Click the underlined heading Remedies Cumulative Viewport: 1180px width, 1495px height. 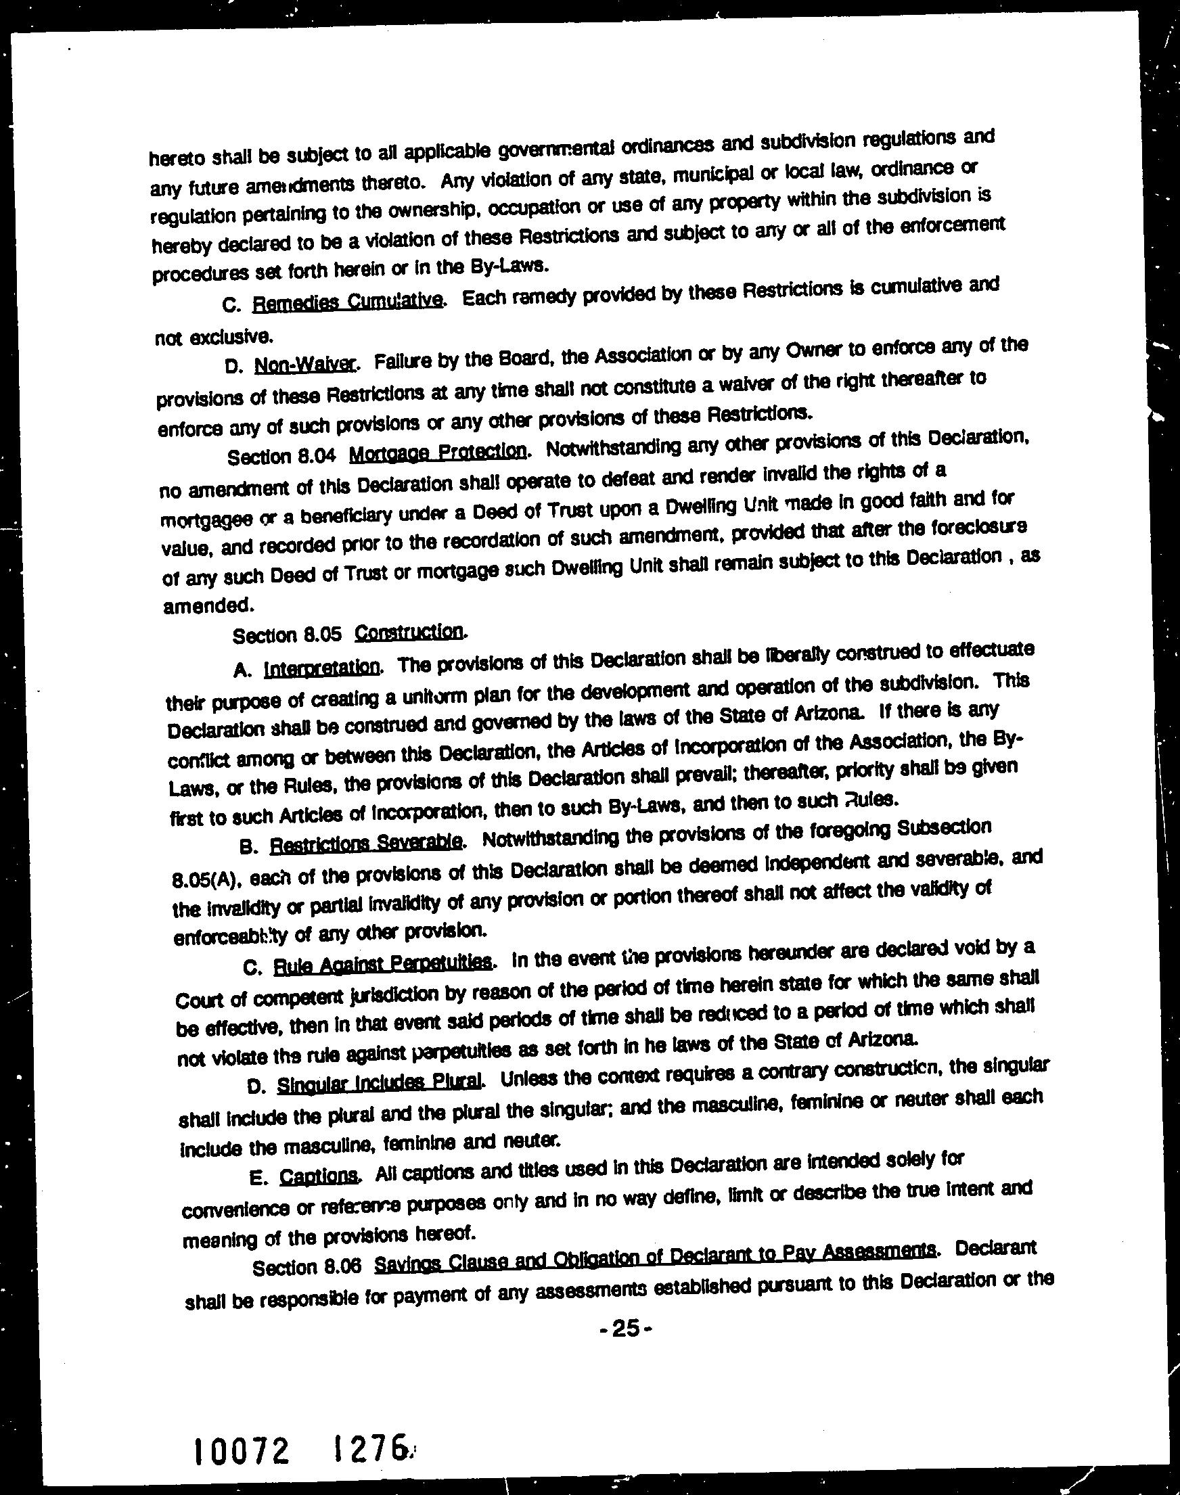pyautogui.click(x=348, y=302)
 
